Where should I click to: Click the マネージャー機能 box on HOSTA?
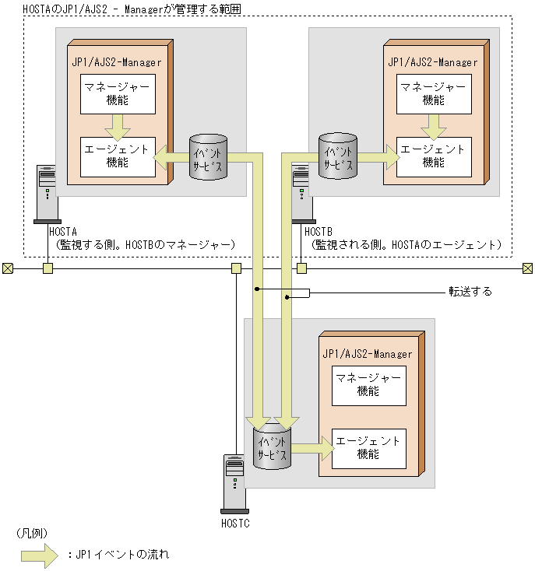(118, 93)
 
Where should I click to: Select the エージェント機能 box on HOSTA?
(118, 155)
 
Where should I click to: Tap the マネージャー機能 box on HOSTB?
(433, 93)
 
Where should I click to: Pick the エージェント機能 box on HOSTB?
(433, 155)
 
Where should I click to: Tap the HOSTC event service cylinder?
(273, 446)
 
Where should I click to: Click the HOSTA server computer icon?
(47, 194)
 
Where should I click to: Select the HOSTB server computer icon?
(301, 194)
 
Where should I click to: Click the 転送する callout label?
(470, 292)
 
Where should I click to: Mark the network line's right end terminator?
(527, 268)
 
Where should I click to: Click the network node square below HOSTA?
(48, 268)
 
